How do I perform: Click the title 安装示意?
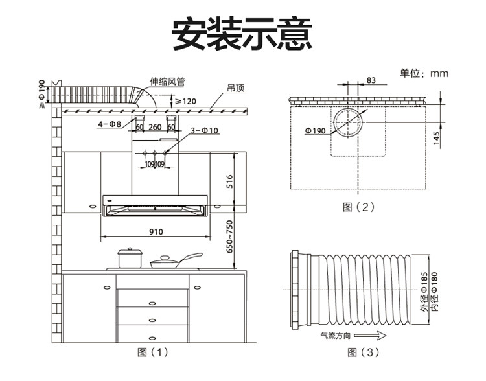pyautogui.click(x=242, y=33)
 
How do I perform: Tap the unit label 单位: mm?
pyautogui.click(x=424, y=73)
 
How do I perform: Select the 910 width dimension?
pyautogui.click(x=156, y=231)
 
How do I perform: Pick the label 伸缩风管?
pyautogui.click(x=167, y=82)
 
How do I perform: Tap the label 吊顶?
pyautogui.click(x=235, y=86)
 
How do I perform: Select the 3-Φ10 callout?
pyautogui.click(x=204, y=131)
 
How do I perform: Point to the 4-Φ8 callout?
pyautogui.click(x=110, y=123)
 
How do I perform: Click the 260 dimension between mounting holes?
pyautogui.click(x=155, y=126)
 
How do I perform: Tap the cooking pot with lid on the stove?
pyautogui.click(x=129, y=258)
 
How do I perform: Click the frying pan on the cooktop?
pyautogui.click(x=170, y=261)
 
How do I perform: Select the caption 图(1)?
pyautogui.click(x=152, y=352)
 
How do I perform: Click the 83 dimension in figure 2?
pyautogui.click(x=371, y=80)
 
